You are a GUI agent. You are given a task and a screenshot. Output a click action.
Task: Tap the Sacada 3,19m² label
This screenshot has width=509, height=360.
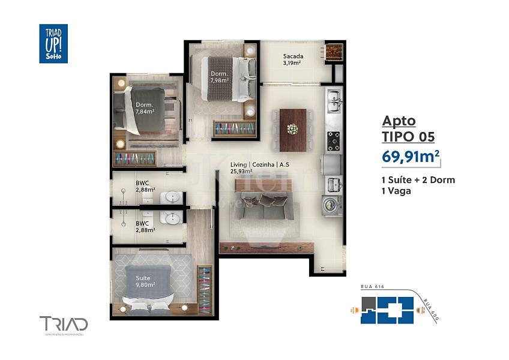click(293, 59)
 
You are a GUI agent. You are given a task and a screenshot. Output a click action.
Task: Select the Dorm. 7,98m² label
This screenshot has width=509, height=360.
click(218, 77)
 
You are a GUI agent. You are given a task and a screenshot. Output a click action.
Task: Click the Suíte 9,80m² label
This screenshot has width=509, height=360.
click(145, 281)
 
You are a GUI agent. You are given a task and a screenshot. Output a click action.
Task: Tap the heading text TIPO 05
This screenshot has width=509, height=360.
click(408, 137)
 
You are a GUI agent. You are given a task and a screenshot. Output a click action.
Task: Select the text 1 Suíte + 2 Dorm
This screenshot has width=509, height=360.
click(418, 180)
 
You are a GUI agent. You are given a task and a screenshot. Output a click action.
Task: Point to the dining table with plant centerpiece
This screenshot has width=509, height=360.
click(292, 129)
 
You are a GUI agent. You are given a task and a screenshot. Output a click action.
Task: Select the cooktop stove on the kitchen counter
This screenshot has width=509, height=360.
click(333, 140)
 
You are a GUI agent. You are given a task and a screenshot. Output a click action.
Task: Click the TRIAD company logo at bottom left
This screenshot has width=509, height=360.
click(64, 325)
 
